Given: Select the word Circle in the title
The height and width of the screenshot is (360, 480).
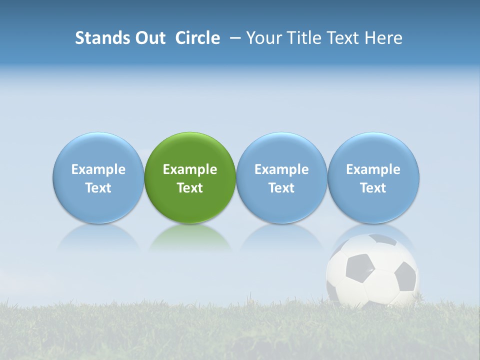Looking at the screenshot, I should click(197, 38).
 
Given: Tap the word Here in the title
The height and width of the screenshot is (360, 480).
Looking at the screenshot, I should click(384, 38).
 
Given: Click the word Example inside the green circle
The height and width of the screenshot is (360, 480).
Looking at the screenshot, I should click(190, 169).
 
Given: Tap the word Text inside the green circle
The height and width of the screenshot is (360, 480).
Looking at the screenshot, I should click(190, 188).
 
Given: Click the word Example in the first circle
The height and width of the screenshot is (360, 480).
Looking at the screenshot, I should click(98, 169).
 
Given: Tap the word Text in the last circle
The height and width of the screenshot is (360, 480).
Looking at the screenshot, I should click(373, 188).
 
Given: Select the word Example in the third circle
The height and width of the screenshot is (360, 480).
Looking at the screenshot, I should click(281, 169).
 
